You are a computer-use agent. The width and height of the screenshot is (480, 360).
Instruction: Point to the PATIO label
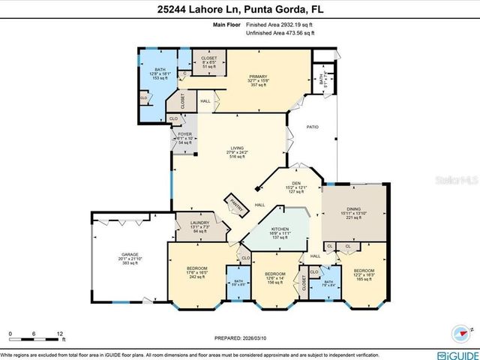(x=313, y=127)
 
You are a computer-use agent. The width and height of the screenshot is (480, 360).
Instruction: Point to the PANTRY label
(x=239, y=205)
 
